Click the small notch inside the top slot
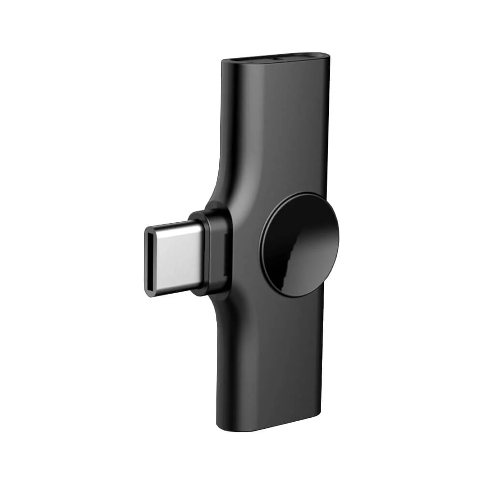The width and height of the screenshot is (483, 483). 276,57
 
